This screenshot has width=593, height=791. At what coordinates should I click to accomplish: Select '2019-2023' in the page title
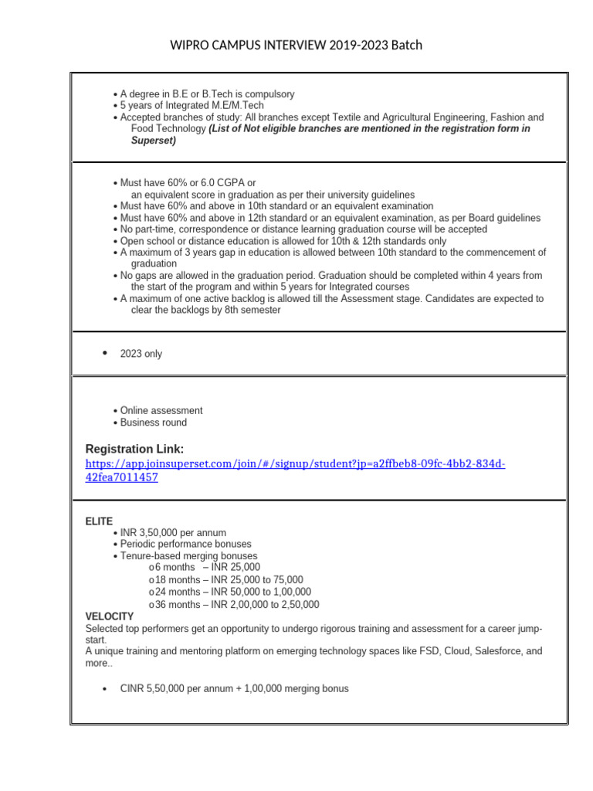[338, 45]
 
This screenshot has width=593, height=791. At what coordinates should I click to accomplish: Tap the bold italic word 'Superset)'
[154, 141]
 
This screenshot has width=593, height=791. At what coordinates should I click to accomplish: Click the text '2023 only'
[141, 354]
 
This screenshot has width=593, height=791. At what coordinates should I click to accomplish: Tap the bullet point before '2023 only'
[104, 353]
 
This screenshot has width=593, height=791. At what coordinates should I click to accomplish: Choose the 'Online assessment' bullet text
[161, 411]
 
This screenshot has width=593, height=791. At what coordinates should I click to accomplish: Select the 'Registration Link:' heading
[134, 450]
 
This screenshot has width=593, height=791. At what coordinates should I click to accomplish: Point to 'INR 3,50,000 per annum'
[173, 533]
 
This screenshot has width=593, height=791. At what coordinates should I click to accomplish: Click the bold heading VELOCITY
[109, 616]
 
